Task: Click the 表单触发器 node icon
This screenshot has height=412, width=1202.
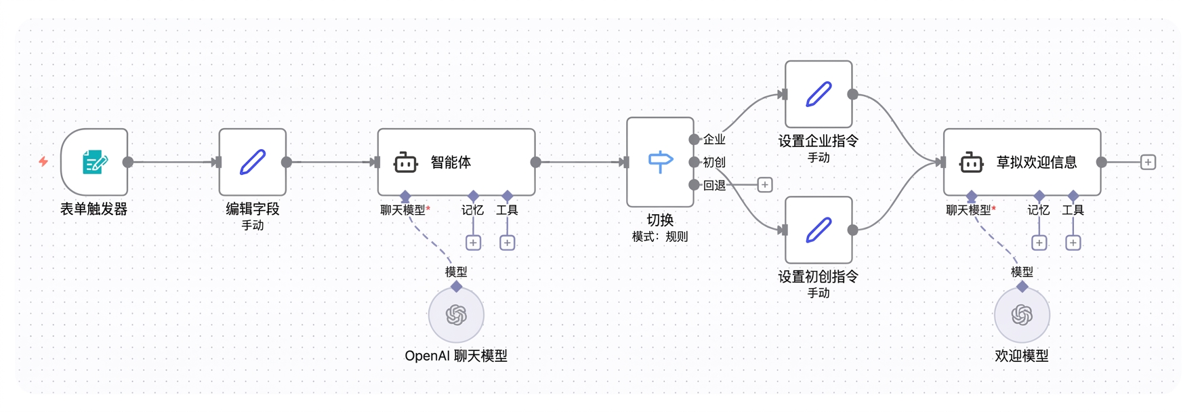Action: (x=94, y=162)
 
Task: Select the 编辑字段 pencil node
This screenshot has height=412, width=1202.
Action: (x=253, y=162)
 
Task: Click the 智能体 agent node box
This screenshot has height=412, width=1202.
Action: (x=457, y=162)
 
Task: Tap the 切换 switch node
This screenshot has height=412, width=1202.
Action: (x=661, y=162)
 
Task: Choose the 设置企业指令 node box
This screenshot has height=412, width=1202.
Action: (x=818, y=94)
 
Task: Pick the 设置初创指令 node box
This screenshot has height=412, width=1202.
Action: (x=818, y=230)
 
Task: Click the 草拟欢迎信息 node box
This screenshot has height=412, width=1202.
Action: (x=1022, y=162)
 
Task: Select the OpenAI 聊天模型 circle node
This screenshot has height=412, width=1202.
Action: (x=457, y=315)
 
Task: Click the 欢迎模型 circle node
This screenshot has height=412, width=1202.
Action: (x=1022, y=315)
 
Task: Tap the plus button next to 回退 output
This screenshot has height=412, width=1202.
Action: (x=765, y=185)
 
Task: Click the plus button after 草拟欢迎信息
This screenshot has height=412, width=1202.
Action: (x=1148, y=162)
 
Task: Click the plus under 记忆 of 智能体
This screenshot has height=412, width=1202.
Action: (x=474, y=243)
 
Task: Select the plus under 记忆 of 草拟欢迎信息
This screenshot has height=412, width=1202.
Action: (x=1039, y=243)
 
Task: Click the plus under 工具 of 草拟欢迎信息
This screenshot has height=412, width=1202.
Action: (x=1073, y=243)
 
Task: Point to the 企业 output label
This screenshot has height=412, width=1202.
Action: (x=714, y=140)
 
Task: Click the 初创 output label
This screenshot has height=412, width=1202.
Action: (x=714, y=163)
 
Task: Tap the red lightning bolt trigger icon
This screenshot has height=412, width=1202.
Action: (x=43, y=161)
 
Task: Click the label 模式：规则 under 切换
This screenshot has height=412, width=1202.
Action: (x=660, y=236)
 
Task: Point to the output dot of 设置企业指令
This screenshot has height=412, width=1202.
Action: (x=853, y=94)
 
